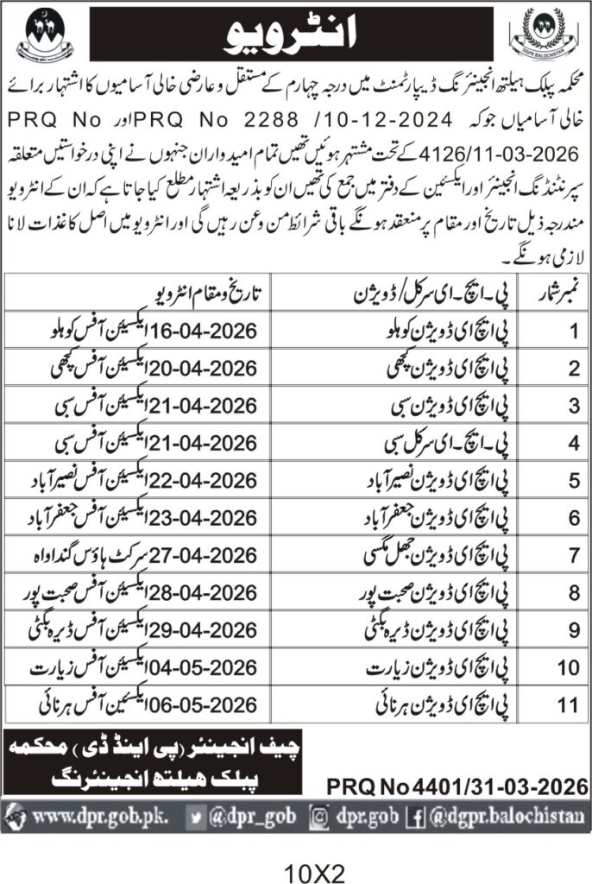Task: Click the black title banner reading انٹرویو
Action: tap(293, 38)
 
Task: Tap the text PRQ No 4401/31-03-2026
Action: tap(456, 786)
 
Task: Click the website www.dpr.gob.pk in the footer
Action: tap(105, 815)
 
